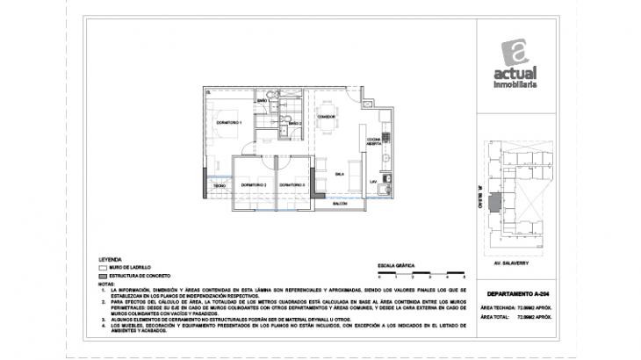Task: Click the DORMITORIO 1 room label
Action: point(228,123)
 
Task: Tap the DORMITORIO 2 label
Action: point(253,185)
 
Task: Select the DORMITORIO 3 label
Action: point(292,185)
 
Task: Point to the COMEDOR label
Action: point(328,116)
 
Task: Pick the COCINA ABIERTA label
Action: point(372,141)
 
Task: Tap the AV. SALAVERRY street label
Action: point(515,261)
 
